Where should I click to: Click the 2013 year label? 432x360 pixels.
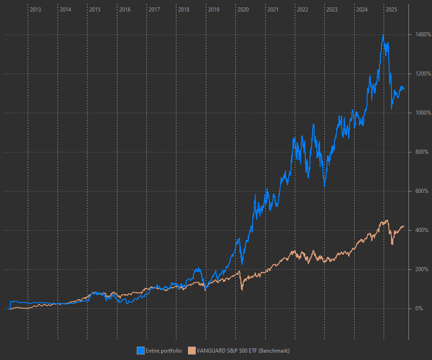pyautogui.click(x=35, y=9)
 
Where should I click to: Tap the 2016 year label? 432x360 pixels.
pyautogui.click(x=125, y=9)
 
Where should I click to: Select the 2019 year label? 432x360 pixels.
pyautogui.click(x=214, y=9)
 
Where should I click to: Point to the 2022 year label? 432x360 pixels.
pyautogui.click(x=303, y=9)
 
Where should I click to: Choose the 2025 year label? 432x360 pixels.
pyautogui.click(x=391, y=9)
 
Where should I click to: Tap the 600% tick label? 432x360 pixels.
pyautogui.click(x=421, y=191)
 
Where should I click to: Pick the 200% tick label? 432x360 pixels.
pyautogui.click(x=421, y=269)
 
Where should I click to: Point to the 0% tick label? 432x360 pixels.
pyautogui.click(x=419, y=308)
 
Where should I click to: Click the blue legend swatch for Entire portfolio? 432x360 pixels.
pyautogui.click(x=141, y=351)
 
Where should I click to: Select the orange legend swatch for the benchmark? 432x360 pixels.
pyautogui.click(x=192, y=351)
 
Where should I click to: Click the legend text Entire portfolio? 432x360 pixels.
pyautogui.click(x=163, y=351)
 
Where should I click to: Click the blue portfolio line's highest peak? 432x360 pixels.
pyautogui.click(x=383, y=35)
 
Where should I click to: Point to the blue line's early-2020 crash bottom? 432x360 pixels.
pyautogui.click(x=242, y=263)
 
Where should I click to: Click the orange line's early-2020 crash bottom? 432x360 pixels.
pyautogui.click(x=242, y=290)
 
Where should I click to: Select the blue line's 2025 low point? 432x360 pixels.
pyautogui.click(x=391, y=109)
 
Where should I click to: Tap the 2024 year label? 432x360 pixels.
pyautogui.click(x=362, y=9)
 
